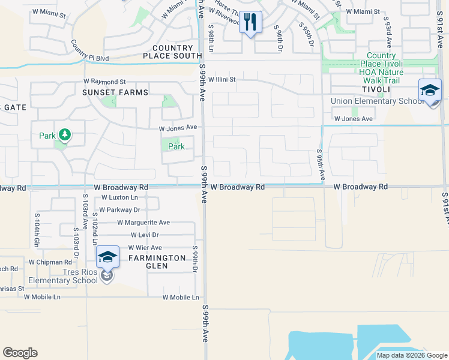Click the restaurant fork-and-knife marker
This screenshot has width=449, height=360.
250,23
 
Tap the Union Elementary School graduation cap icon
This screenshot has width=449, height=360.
430,91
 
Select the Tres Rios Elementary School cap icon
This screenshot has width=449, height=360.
107,257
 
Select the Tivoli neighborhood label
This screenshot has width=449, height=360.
376,89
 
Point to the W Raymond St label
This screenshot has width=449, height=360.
104,81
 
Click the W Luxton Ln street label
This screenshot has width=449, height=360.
119,197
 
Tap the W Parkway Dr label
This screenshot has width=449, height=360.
119,209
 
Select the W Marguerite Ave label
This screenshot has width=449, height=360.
143,222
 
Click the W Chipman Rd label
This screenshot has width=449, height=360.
50,262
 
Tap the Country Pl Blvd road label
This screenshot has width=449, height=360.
89,50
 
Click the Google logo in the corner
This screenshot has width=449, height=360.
20,353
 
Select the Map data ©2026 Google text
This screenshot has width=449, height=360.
411,355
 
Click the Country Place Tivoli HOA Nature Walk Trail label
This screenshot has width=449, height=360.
381,68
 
